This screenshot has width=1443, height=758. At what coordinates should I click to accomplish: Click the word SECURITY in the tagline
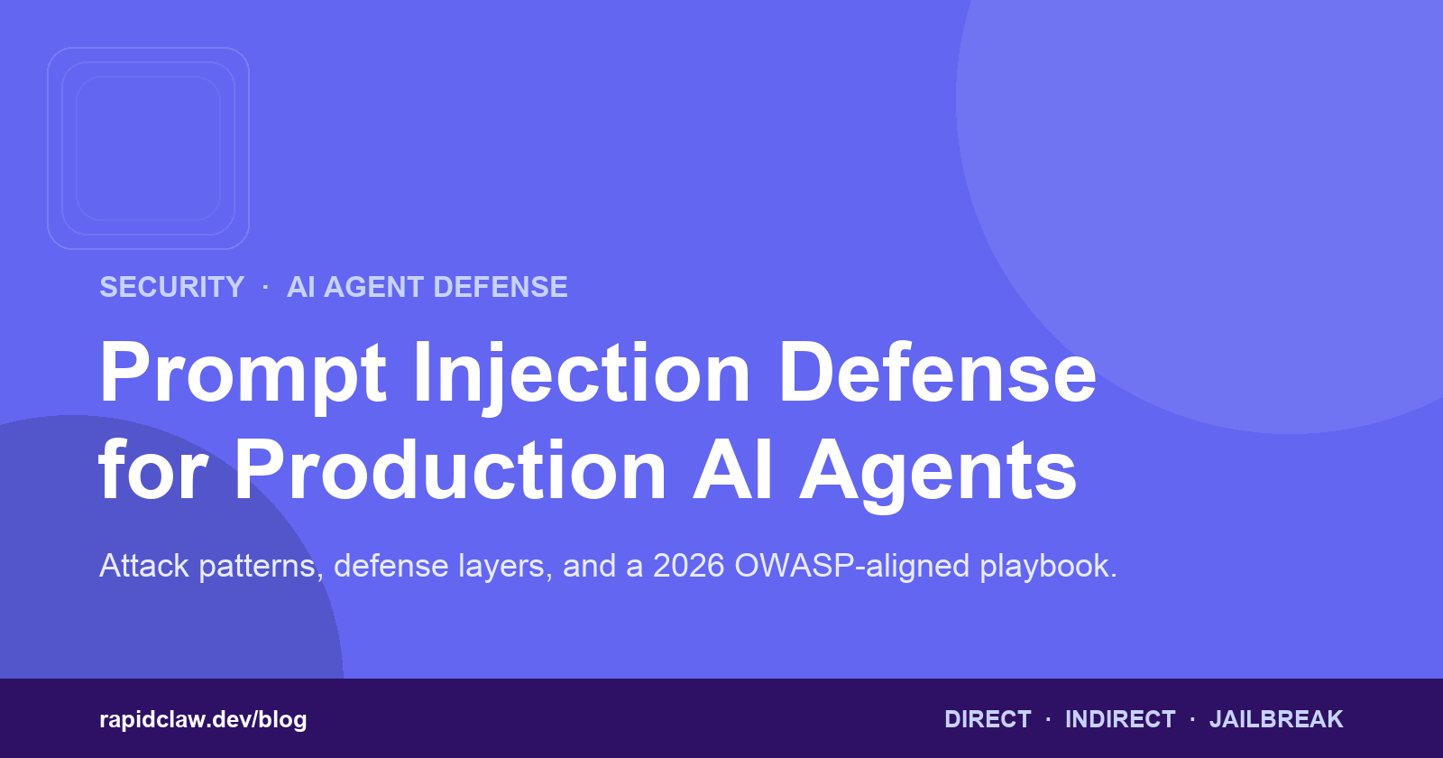[172, 287]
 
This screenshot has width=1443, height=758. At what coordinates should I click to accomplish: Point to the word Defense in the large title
[937, 373]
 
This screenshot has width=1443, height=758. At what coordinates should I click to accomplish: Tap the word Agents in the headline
[937, 474]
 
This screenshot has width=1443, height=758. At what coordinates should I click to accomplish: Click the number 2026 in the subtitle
[689, 566]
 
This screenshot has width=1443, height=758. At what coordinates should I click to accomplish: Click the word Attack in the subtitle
[144, 566]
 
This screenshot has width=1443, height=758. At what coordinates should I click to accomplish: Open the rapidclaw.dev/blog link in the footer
[203, 719]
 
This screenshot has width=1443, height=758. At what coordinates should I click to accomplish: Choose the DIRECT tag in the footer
[988, 719]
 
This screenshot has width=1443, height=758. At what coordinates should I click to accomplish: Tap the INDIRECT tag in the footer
[1120, 719]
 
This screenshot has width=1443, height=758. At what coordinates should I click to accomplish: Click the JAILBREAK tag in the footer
[1276, 719]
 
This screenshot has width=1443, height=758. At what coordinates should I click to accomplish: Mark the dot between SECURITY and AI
[265, 288]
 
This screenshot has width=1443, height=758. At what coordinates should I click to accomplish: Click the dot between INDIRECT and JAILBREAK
[1192, 719]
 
